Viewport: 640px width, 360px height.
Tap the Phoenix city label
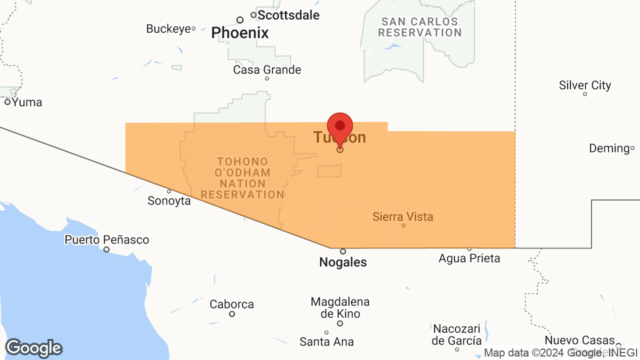point(240,33)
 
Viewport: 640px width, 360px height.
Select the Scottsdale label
point(288,15)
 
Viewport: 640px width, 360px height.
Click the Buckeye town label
point(168,29)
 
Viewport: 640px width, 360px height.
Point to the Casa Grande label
point(267,69)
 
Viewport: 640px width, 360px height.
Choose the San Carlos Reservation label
point(419,27)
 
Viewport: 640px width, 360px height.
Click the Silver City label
point(585,85)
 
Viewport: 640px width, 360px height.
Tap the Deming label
point(609,148)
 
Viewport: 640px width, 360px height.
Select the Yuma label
point(26,102)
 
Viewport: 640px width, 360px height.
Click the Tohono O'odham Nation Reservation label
point(243,178)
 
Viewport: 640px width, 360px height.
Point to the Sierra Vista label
point(402,217)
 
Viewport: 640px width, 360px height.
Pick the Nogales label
point(343,262)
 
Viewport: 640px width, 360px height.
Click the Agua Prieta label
point(469,258)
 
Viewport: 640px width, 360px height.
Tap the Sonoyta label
point(169,200)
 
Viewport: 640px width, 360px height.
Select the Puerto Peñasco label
point(106,240)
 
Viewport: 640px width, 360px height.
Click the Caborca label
point(231,304)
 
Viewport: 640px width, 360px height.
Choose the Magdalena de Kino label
point(340,307)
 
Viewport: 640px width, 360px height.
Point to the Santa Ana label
point(326,342)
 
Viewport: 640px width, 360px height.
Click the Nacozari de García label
point(456,334)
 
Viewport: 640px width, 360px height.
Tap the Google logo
point(33,348)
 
